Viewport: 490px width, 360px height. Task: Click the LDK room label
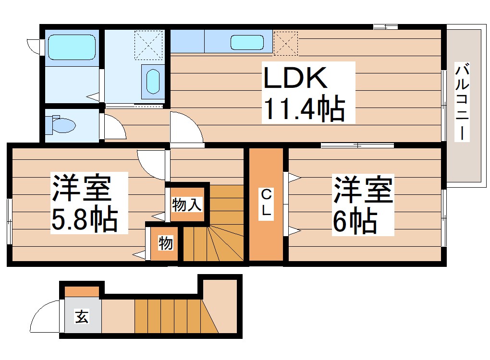pos(295,78)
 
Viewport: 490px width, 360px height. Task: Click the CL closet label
pos(266,204)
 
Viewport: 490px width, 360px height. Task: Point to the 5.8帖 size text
pos(84,220)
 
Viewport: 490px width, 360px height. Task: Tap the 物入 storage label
pos(187,205)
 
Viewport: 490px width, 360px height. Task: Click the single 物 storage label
pos(165,243)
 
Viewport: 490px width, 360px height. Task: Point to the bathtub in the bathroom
pos(72,47)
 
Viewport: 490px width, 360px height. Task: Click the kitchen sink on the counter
pos(247,42)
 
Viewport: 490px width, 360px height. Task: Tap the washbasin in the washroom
pos(152,81)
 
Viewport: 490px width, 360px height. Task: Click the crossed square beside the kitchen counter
pos(286,42)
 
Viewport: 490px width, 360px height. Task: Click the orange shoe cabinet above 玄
pos(82,291)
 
